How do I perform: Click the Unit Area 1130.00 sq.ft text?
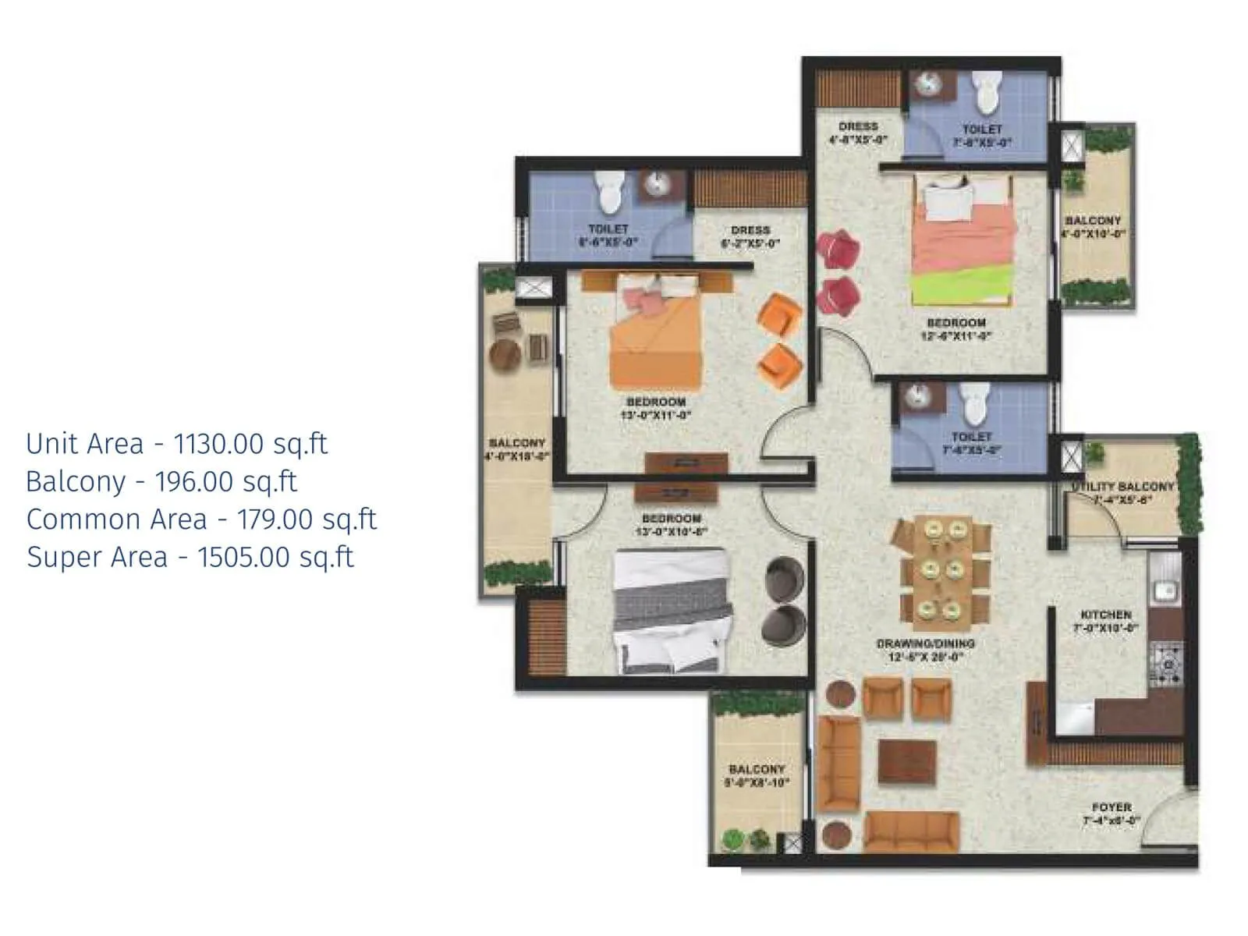pos(176,444)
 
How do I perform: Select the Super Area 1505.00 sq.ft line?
pos(190,557)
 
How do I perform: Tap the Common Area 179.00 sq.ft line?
pos(201,519)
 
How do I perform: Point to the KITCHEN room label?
pos(1105,615)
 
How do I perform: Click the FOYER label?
pos(1111,807)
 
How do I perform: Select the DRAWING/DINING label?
pos(925,643)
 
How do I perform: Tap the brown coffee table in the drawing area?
pos(906,760)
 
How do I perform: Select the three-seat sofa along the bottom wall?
pos(911,831)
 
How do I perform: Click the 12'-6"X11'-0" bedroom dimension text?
pos(956,337)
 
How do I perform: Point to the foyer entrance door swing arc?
pos(1162,819)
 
